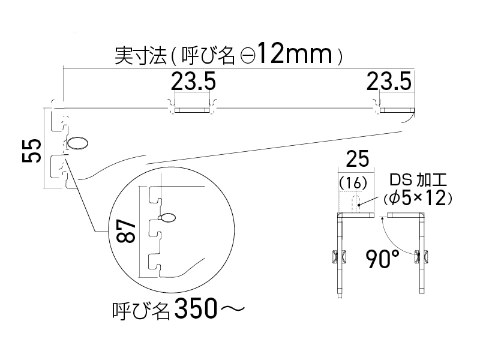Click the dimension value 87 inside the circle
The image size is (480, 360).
(x=124, y=232)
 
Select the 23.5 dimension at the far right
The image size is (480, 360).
(x=389, y=80)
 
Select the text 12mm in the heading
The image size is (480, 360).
(x=294, y=55)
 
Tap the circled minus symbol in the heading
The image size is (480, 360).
(x=248, y=56)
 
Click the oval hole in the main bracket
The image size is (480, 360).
(x=77, y=143)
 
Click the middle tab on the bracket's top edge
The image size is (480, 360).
(x=192, y=110)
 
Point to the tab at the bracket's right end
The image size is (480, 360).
(x=397, y=110)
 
